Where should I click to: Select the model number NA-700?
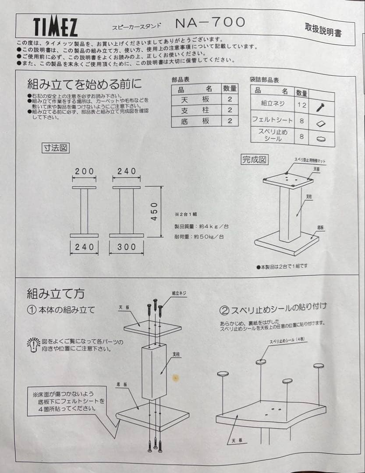210,22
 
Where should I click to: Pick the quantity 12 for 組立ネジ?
301,105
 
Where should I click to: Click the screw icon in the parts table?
320,106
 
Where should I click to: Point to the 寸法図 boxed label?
55,148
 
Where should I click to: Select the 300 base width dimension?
127,247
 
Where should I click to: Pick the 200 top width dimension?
84,171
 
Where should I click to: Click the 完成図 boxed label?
254,159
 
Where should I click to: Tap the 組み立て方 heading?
56,293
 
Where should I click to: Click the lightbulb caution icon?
33,345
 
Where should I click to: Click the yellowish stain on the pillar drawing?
176,376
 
